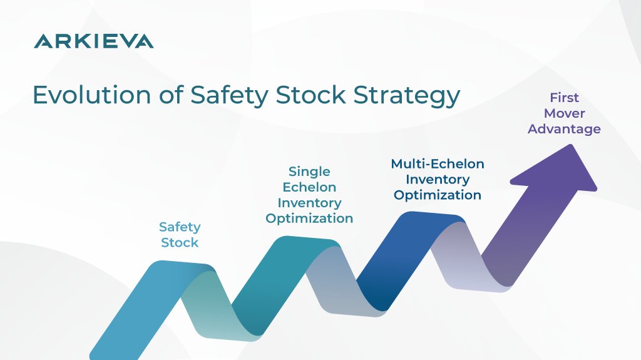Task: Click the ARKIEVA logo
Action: pyautogui.click(x=93, y=41)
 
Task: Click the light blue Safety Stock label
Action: pyautogui.click(x=180, y=234)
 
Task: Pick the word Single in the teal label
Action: pyautogui.click(x=309, y=171)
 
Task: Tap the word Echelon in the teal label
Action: pyautogui.click(x=309, y=187)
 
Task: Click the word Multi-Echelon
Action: pyautogui.click(x=438, y=163)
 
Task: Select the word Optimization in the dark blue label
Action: pyautogui.click(x=438, y=195)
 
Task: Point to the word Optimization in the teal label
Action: pyautogui.click(x=309, y=219)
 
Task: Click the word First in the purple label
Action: pyautogui.click(x=564, y=98)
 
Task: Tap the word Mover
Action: pyautogui.click(x=564, y=113)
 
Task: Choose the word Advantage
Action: pyautogui.click(x=564, y=129)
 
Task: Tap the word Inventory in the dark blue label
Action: pyautogui.click(x=438, y=179)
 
